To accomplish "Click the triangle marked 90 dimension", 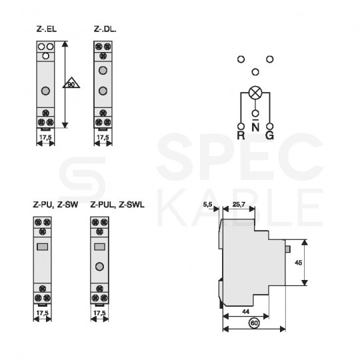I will coord(71,85).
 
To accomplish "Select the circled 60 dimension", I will coord(254,323).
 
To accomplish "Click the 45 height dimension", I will coord(298,263).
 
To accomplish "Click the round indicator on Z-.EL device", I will coord(44,91).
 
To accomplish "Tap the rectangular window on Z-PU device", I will coord(43,247).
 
